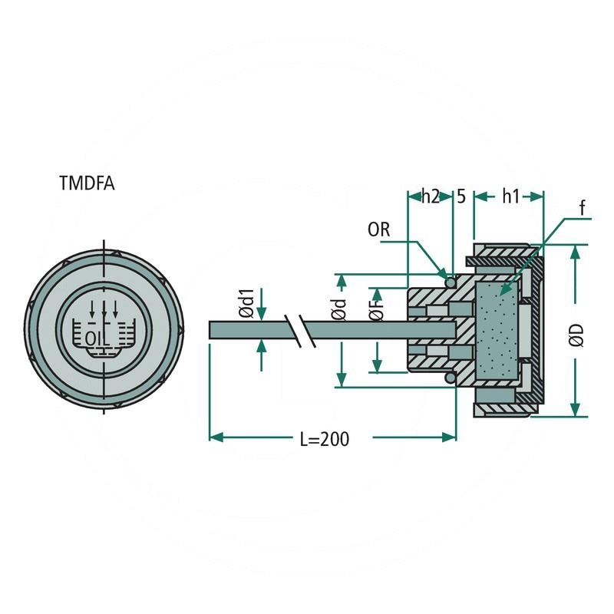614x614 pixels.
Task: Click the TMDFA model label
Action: click(87, 183)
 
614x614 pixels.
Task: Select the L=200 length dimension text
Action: click(324, 439)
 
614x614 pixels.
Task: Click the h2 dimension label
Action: click(430, 196)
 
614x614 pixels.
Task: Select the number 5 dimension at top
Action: click(461, 196)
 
